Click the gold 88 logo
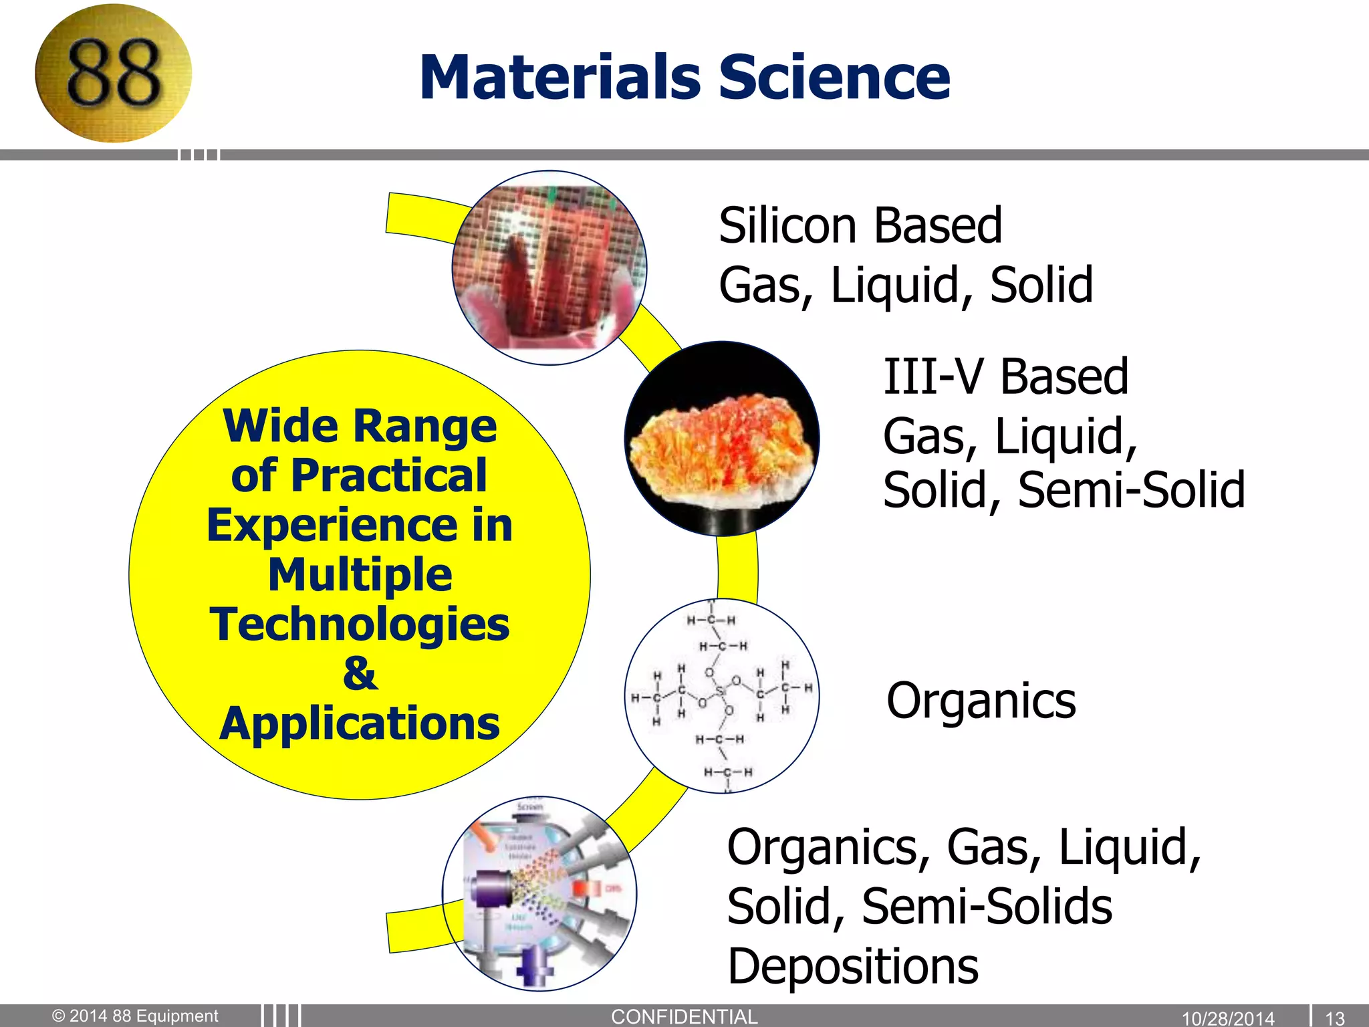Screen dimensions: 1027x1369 (113, 74)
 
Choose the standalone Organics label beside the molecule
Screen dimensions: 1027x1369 (981, 701)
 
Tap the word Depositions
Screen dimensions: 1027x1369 (852, 967)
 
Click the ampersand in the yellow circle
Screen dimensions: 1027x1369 (360, 673)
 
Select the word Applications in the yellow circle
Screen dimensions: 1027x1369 (360, 723)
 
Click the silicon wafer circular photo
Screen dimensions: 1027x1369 (549, 268)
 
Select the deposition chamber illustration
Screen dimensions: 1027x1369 (539, 894)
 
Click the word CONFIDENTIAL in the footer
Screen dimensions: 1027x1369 (684, 1017)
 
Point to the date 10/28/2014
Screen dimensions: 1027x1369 (1228, 1018)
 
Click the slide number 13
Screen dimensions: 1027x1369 (1334, 1018)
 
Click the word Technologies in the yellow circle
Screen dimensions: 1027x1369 (360, 624)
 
